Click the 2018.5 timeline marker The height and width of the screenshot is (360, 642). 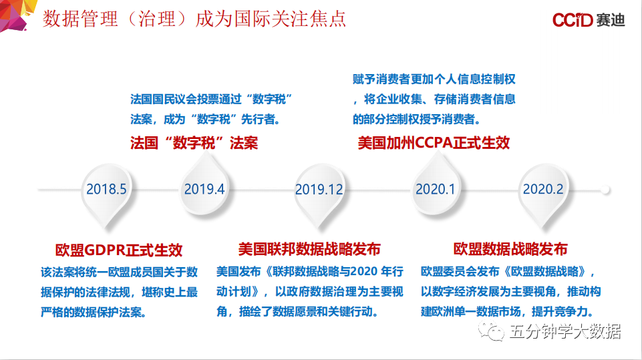(x=106, y=192)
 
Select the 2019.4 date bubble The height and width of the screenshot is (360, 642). (x=204, y=186)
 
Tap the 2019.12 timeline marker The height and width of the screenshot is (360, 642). (x=319, y=192)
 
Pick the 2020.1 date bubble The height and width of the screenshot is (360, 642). (x=436, y=186)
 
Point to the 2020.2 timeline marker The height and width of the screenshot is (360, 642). (x=543, y=192)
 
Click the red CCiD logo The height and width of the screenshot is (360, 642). (x=573, y=19)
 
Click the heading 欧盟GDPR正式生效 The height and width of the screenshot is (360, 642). (x=119, y=250)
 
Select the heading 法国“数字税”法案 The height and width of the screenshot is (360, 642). (x=194, y=143)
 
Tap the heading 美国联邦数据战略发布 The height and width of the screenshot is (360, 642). (x=309, y=249)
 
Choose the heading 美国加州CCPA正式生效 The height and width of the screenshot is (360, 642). (x=434, y=143)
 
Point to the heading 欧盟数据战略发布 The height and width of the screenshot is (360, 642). (x=510, y=249)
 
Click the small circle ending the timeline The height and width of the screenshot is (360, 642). (x=605, y=190)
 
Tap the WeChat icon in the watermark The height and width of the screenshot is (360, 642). (x=491, y=331)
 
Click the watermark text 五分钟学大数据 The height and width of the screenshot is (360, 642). (x=565, y=331)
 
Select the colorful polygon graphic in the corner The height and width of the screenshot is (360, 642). (x=17, y=14)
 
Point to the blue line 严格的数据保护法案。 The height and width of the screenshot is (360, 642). (x=94, y=313)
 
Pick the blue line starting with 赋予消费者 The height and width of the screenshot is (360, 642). (x=434, y=79)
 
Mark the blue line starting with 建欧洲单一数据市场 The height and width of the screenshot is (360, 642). (x=508, y=312)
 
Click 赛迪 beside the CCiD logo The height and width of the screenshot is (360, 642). (x=611, y=19)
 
